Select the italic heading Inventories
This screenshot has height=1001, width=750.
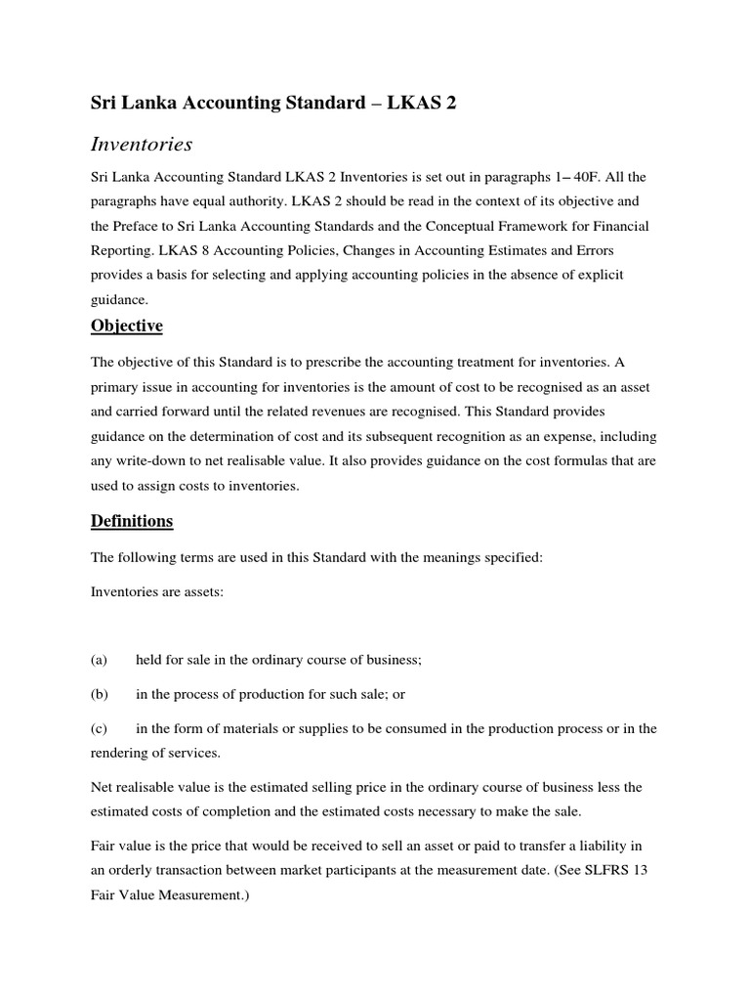tap(142, 145)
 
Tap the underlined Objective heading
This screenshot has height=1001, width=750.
tap(127, 326)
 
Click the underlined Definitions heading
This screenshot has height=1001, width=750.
tap(132, 521)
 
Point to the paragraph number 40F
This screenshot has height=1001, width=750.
tap(586, 176)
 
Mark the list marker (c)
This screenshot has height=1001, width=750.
tap(99, 728)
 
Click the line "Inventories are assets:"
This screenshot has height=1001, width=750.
tap(157, 592)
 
